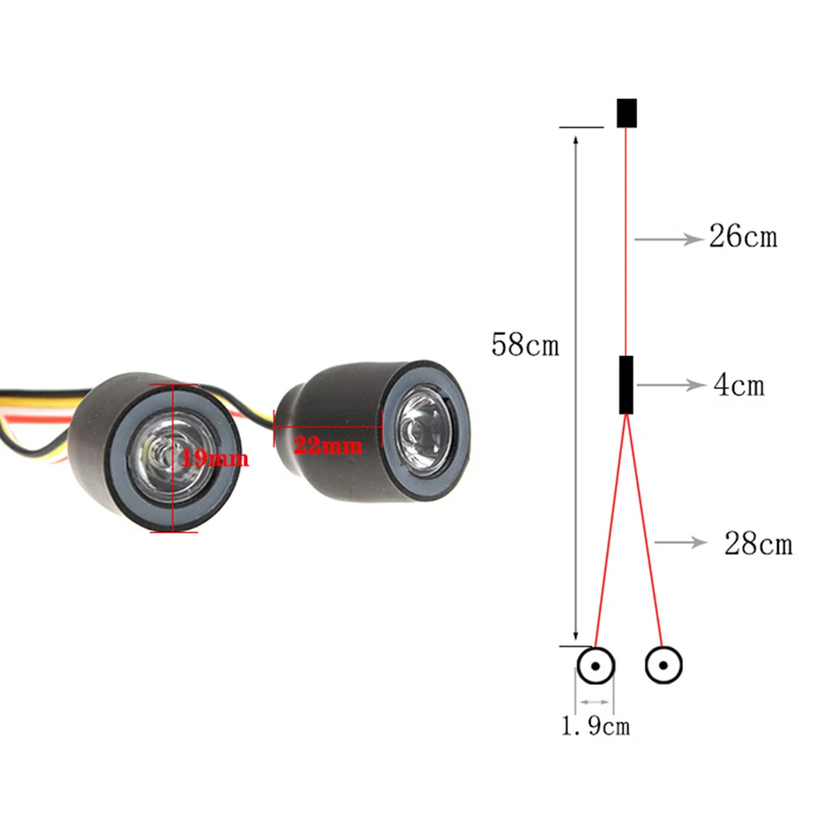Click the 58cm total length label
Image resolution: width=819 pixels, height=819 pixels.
tap(524, 344)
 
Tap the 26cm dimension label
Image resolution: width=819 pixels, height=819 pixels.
tap(742, 237)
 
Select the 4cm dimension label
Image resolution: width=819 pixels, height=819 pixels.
tap(738, 385)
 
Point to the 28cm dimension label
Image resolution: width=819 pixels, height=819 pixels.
tap(758, 542)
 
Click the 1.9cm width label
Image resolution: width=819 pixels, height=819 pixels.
tap(595, 725)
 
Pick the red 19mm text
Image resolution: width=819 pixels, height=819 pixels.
tap(214, 457)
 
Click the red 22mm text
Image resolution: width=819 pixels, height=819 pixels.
tap(327, 447)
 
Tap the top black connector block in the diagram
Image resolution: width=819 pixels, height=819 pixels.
tap(626, 113)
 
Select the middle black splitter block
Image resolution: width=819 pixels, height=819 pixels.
tap(626, 385)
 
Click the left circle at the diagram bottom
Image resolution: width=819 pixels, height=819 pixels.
tap(596, 666)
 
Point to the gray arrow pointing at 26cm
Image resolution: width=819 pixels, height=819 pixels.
tap(668, 239)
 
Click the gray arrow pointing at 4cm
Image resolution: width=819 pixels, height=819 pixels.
tap(669, 385)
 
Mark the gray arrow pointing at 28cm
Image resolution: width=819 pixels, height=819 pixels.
tap(680, 542)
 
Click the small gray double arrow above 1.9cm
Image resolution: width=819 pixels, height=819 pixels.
tap(594, 701)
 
